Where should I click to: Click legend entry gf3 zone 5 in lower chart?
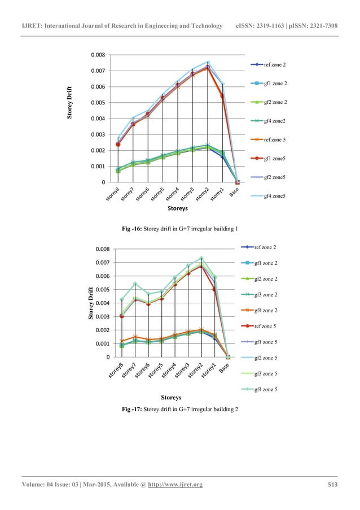(273, 374)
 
